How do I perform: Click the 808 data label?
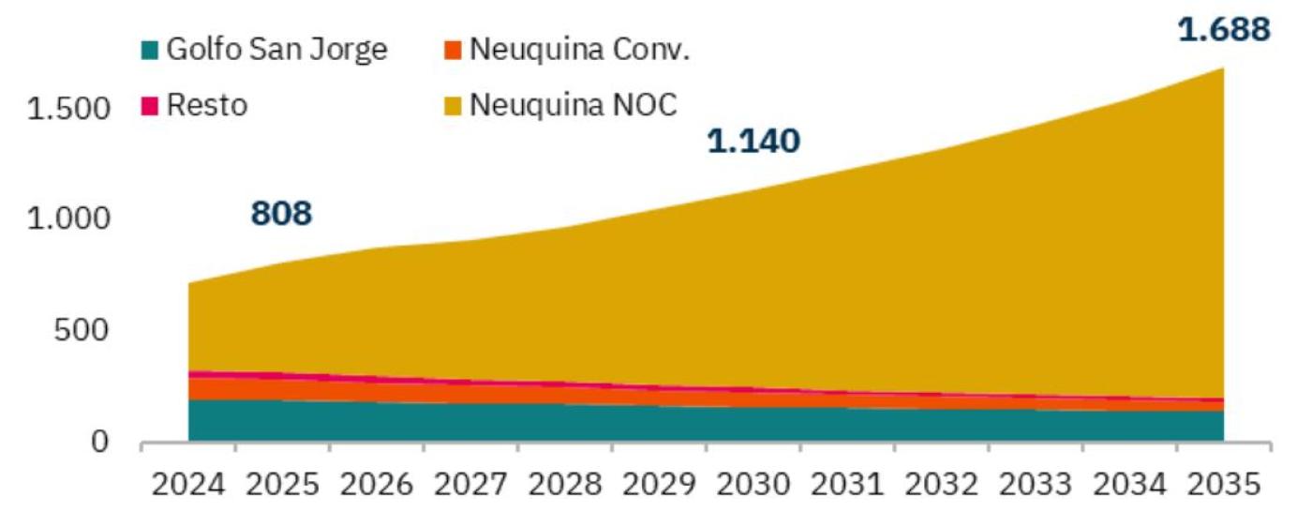pos(281,215)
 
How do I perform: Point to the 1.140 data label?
pos(753,142)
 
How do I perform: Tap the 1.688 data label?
pos(1225,30)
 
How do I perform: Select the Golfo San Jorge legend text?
pos(276,50)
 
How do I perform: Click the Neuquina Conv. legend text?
pos(579,50)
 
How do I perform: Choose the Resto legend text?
pos(207,104)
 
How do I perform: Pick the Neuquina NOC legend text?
pos(573,104)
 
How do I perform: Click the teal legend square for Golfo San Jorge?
pos(150,51)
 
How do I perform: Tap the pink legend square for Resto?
pos(150,105)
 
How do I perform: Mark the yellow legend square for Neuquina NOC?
pos(453,105)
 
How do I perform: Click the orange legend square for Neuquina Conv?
pos(453,51)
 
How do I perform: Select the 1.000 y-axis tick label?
pos(68,219)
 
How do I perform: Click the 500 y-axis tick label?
pos(83,331)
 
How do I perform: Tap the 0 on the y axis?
pos(101,442)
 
